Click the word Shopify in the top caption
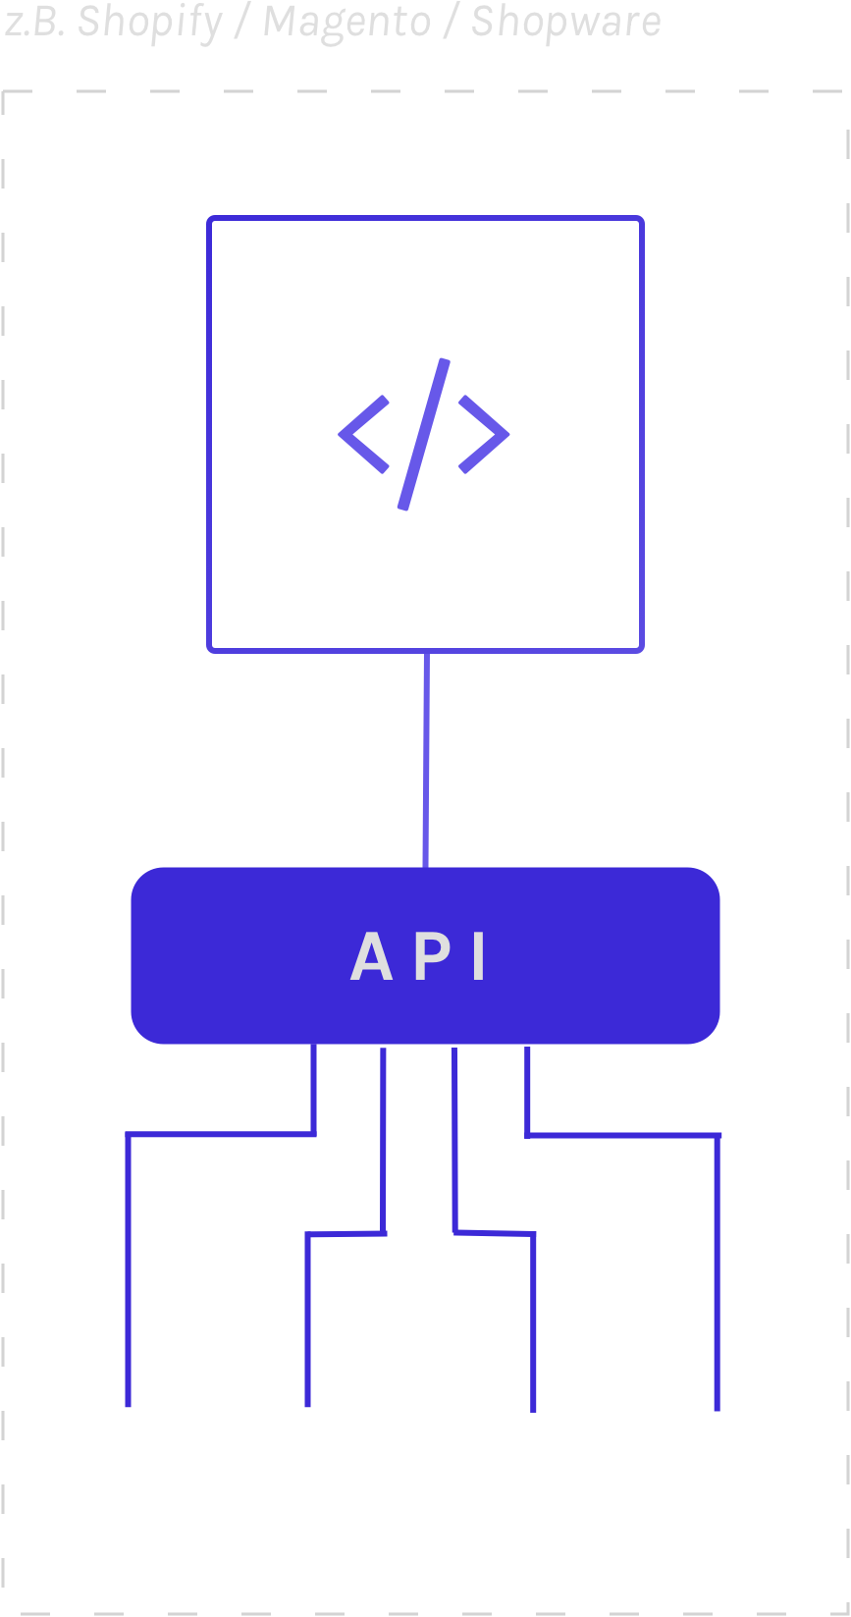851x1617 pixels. click(x=149, y=22)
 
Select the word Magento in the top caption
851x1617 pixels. click(x=346, y=22)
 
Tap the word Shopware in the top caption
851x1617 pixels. click(x=565, y=22)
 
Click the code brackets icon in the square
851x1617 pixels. click(x=424, y=434)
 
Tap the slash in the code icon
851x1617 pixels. click(x=424, y=434)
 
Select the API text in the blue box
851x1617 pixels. click(x=420, y=956)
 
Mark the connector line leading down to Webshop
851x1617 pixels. click(x=128, y=1276)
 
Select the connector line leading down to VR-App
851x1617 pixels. click(x=718, y=1276)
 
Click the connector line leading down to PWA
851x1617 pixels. click(x=534, y=1325)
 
